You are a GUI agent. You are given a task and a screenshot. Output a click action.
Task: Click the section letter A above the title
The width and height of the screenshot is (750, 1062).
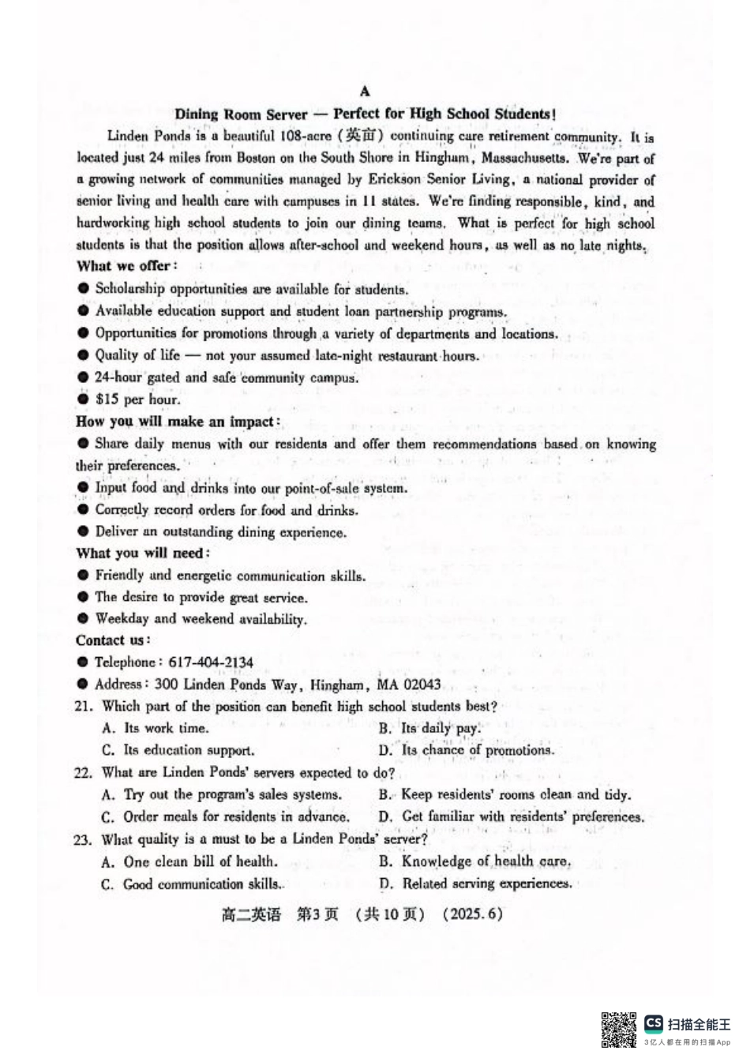(x=365, y=92)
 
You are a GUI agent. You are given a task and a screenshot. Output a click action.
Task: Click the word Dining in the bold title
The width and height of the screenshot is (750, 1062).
(x=197, y=114)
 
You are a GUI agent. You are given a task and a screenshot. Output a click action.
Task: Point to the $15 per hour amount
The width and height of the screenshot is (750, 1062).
(x=137, y=400)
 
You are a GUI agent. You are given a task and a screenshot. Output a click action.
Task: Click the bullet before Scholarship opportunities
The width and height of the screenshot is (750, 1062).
(x=83, y=289)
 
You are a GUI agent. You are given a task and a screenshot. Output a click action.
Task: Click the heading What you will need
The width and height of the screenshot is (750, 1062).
(x=143, y=553)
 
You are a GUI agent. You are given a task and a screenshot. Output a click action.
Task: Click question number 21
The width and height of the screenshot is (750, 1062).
(x=84, y=707)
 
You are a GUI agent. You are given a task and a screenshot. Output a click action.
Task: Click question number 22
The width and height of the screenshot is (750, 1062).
(x=84, y=773)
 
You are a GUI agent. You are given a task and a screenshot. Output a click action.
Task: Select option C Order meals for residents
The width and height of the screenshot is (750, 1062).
(x=226, y=817)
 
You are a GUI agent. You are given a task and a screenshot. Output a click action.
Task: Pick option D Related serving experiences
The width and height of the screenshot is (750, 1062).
(x=476, y=884)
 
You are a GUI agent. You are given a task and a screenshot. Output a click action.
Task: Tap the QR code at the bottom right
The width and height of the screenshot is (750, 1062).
(x=618, y=1029)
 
